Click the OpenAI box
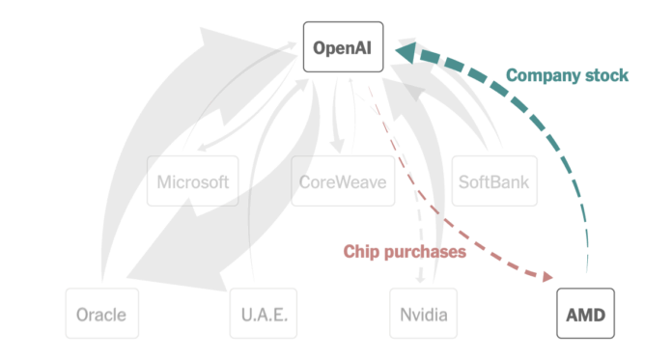tap(344, 46)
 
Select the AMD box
tap(586, 314)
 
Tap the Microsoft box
tap(193, 181)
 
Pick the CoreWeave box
tap(344, 181)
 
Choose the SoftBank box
tap(491, 181)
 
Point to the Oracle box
tap(101, 314)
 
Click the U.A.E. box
tap(265, 314)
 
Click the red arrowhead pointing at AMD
tap(545, 278)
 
